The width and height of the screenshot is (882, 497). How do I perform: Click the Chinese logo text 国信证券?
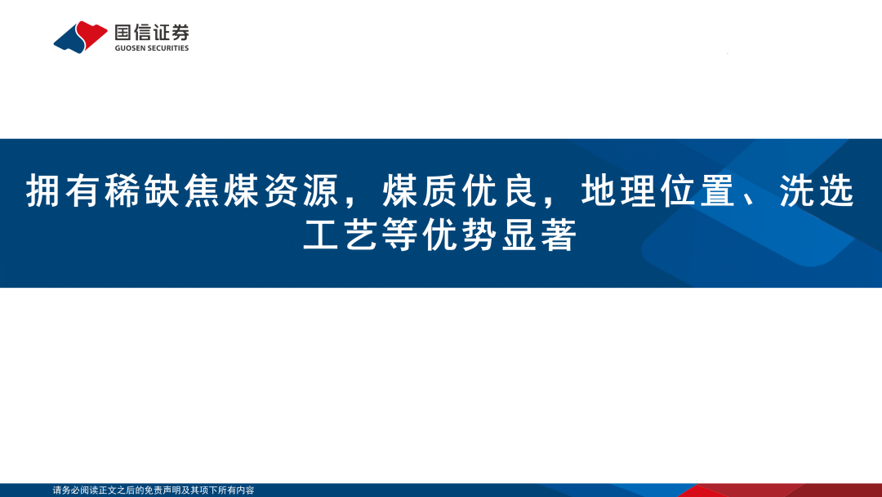[x=152, y=33]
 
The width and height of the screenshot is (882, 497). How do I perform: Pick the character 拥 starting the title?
[x=43, y=191]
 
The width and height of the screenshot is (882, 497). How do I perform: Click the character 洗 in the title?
[x=797, y=191]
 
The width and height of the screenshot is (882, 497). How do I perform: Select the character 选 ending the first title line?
[x=837, y=191]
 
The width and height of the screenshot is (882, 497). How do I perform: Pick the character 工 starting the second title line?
[x=321, y=235]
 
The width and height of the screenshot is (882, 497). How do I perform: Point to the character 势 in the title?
[x=480, y=235]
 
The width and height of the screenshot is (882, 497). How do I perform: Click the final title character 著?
[x=559, y=235]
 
